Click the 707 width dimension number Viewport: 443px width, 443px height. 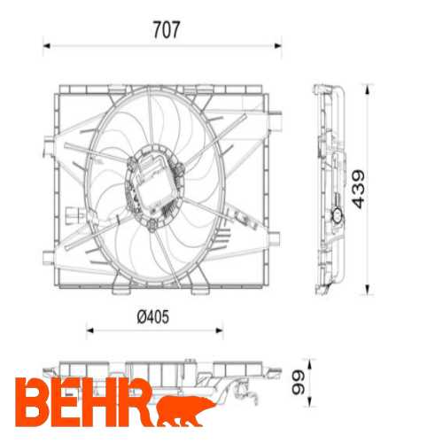pos(166,29)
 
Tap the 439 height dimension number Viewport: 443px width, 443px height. pos(357,189)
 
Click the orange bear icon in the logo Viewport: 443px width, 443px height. pos(186,406)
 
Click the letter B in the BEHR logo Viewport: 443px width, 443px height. pos(32,400)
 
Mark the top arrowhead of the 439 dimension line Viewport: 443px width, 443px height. pos(368,88)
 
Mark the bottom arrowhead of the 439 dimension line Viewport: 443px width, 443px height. pos(368,291)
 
